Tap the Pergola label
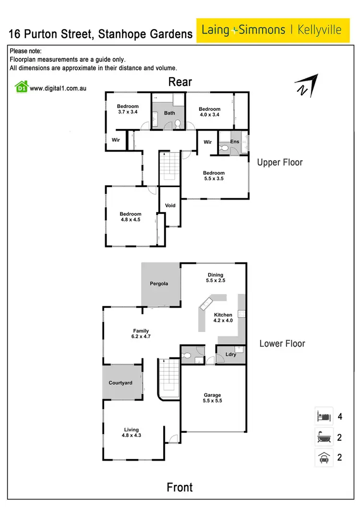[x=159, y=284]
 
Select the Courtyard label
[x=120, y=383]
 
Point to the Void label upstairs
[x=170, y=205]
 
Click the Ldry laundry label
[x=231, y=355]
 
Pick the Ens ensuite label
[x=235, y=142]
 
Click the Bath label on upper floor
[x=170, y=113]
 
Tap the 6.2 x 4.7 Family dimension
[x=141, y=336]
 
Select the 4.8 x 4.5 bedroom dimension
[x=131, y=220]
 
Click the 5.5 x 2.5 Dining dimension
[x=216, y=281]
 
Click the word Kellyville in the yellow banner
[x=320, y=30]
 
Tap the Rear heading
[x=180, y=82]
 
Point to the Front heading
[x=180, y=487]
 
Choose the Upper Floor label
[x=280, y=162]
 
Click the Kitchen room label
[x=223, y=314]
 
